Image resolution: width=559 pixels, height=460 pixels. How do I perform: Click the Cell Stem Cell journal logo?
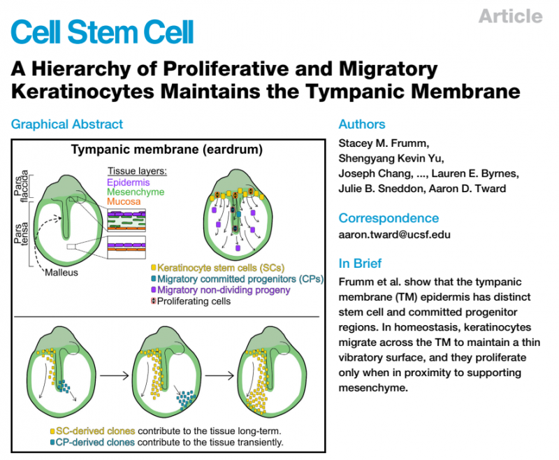pos(103,30)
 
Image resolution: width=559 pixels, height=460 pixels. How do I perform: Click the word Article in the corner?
pos(510,16)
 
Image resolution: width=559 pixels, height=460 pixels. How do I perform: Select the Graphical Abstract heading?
pos(67,124)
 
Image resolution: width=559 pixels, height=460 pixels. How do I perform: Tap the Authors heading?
pos(362,124)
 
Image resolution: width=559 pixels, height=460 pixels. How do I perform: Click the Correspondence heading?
pos(389,218)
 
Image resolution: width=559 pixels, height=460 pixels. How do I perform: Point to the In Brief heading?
pos(361,264)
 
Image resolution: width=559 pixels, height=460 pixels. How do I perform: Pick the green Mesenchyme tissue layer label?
pos(136,191)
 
